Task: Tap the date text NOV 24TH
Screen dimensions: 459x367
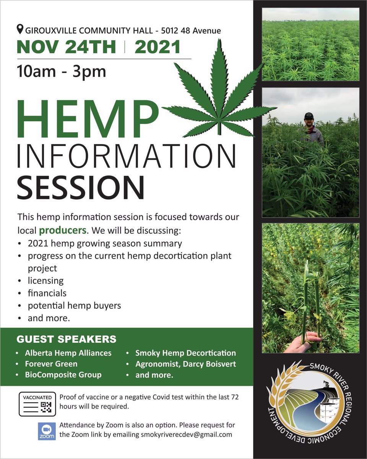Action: pos(67,47)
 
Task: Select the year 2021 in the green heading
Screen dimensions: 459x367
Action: pos(158,47)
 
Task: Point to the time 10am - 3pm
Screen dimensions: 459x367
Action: pos(62,72)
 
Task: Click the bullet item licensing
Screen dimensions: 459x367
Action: pos(45,280)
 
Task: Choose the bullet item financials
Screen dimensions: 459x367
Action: pos(47,293)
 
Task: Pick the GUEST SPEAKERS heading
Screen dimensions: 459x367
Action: pos(67,339)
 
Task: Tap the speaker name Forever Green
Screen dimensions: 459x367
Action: pos(51,364)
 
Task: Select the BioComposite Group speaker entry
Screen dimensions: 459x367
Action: pos(63,374)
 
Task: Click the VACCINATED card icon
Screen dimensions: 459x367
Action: pos(37,404)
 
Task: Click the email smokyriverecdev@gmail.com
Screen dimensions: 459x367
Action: pos(186,435)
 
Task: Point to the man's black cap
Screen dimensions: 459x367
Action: pos(309,115)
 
